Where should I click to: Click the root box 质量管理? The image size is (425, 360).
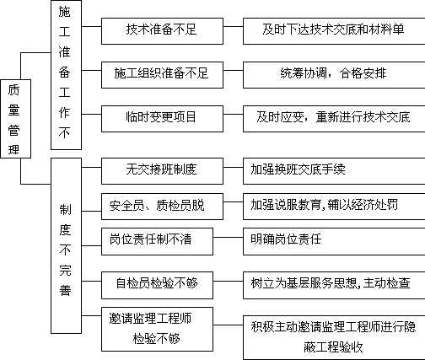point(16,119)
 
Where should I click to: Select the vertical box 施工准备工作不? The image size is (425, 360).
point(66,75)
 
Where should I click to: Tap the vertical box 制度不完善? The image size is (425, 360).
point(66,245)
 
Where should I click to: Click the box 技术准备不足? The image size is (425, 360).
point(162,31)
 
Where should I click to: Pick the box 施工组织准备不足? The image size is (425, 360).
point(162,75)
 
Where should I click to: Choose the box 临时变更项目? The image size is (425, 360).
point(162,119)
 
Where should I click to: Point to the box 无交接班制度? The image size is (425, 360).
point(162,171)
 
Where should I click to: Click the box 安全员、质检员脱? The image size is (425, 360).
point(162,207)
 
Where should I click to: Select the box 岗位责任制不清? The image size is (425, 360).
point(157,242)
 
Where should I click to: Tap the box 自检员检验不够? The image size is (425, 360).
point(157,285)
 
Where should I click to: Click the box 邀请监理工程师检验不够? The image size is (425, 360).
point(157,329)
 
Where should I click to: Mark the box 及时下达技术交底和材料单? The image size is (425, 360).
point(334,31)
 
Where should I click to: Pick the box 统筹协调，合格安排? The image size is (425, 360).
point(334,75)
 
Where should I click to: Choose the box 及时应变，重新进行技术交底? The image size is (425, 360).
point(334,119)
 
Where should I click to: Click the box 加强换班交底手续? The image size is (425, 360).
point(334,171)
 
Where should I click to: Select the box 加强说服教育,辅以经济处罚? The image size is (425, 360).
point(334,207)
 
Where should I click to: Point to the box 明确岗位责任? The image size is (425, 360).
point(334,242)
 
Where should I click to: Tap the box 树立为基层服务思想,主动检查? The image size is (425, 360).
point(334,285)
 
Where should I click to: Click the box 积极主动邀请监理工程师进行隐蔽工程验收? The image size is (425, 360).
point(334,337)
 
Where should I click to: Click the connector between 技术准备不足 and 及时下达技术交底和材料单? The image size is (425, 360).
point(233,27)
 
